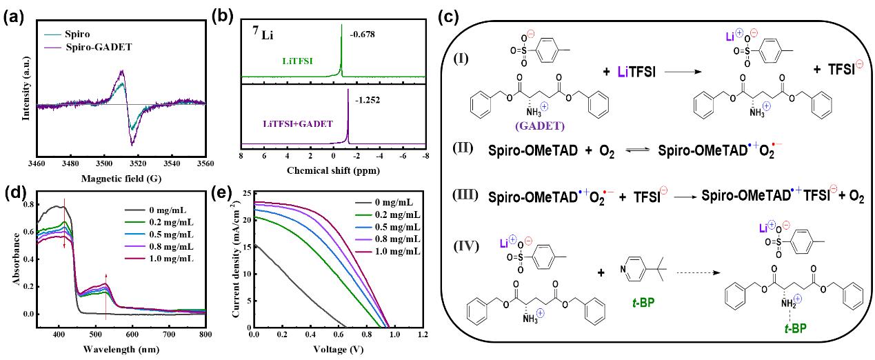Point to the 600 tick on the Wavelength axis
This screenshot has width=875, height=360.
click(128, 334)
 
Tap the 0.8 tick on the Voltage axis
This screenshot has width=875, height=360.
click(366, 334)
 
